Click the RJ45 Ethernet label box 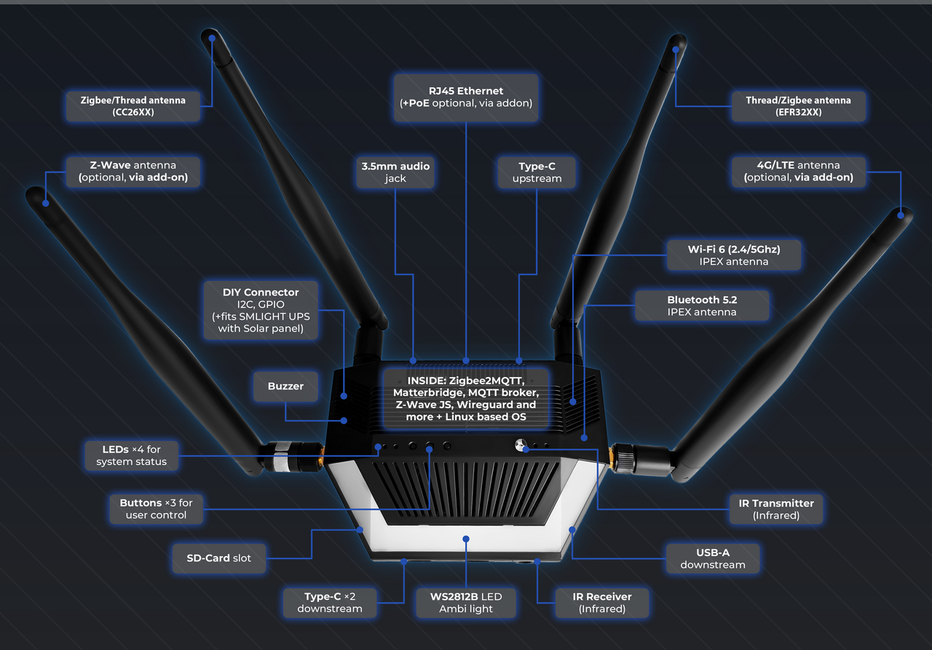click(x=466, y=97)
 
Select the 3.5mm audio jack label click(x=395, y=173)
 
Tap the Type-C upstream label click(x=537, y=173)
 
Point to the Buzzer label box click(x=285, y=387)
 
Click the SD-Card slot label click(x=219, y=558)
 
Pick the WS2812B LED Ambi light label click(x=466, y=603)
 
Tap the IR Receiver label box click(x=602, y=603)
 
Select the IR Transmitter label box click(x=775, y=510)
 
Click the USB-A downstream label click(x=713, y=559)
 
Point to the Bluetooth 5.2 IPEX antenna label click(x=702, y=306)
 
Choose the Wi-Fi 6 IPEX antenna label click(x=733, y=255)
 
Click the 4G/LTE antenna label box click(x=798, y=171)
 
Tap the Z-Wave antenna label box click(x=133, y=171)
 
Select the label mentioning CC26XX click(x=133, y=106)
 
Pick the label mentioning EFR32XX click(x=798, y=106)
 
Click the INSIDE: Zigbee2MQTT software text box click(x=466, y=397)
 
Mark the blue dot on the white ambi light click(x=466, y=539)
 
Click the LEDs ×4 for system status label click(x=131, y=456)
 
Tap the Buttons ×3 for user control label click(x=156, y=509)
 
